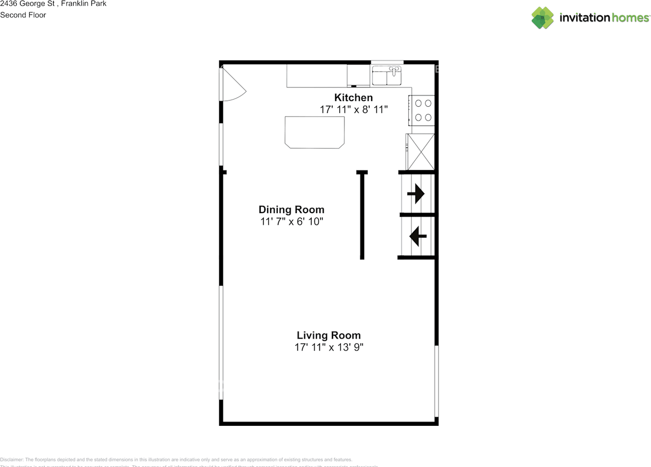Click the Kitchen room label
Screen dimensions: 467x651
click(x=353, y=98)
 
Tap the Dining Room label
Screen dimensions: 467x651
click(x=291, y=210)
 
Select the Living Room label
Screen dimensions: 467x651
click(x=329, y=335)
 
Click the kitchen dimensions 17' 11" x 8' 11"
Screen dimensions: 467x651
click(x=353, y=109)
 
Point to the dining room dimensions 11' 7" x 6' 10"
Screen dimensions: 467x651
click(x=291, y=222)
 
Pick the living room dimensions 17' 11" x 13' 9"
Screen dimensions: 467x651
click(x=329, y=348)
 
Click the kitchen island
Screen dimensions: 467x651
click(x=314, y=132)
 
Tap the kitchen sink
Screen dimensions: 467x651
click(x=387, y=76)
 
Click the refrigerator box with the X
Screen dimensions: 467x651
click(x=421, y=152)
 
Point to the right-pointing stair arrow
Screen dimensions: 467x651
click(x=417, y=194)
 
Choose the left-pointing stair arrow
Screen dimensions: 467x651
click(x=418, y=236)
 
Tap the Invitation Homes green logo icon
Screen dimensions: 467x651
click(x=542, y=18)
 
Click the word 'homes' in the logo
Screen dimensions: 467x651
click(x=630, y=18)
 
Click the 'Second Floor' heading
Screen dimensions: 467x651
click(x=23, y=15)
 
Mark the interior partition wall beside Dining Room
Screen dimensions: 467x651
click(x=362, y=215)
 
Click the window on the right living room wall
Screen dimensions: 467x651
click(x=436, y=382)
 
